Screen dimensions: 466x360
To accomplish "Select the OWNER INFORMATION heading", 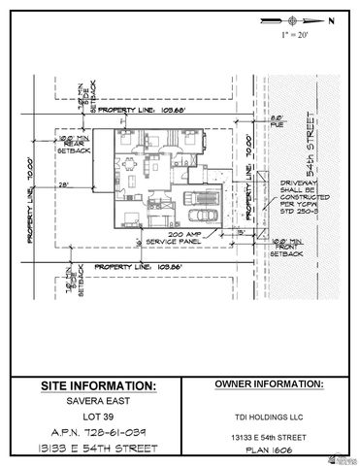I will click(268, 384).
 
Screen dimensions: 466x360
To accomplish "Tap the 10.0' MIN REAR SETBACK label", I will click(76, 145).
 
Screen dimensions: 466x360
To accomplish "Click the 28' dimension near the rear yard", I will click(64, 183).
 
